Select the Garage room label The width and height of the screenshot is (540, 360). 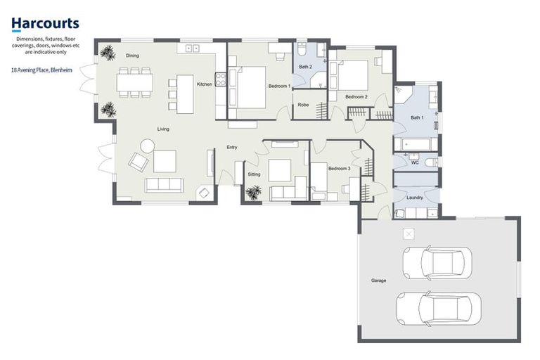pyautogui.click(x=378, y=281)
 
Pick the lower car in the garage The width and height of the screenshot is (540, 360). pyautogui.click(x=438, y=307)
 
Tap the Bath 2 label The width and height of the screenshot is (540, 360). pyautogui.click(x=305, y=67)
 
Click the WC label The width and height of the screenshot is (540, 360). pyautogui.click(x=415, y=162)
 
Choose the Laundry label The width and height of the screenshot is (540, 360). pyautogui.click(x=415, y=198)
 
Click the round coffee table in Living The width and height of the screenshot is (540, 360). pyautogui.click(x=148, y=146)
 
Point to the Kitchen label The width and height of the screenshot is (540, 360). pyautogui.click(x=204, y=84)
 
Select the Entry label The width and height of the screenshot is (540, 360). pyautogui.click(x=231, y=147)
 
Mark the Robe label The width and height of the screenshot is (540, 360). pyautogui.click(x=303, y=105)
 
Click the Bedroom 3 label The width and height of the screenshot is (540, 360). pyautogui.click(x=339, y=169)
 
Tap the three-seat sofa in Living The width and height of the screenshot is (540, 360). pyautogui.click(x=163, y=185)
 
